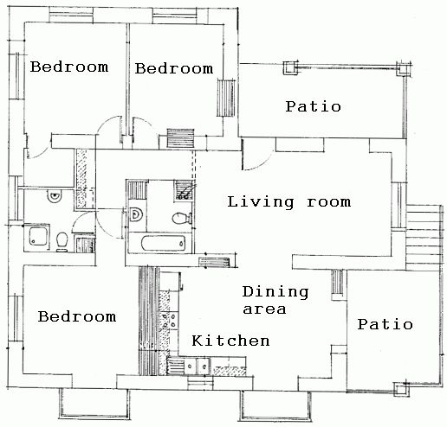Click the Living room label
(x=289, y=202)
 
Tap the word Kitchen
(x=230, y=341)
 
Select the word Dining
(x=275, y=292)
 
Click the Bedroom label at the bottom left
(x=77, y=316)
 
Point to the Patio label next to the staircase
(x=385, y=324)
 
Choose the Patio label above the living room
(x=314, y=106)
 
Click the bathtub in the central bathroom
(x=163, y=243)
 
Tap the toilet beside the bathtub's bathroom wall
(x=182, y=218)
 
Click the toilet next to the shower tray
(x=62, y=241)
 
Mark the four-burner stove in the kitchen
(x=169, y=321)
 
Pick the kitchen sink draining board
(x=175, y=366)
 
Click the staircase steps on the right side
(x=424, y=237)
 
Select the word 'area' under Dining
(x=264, y=309)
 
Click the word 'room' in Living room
(x=329, y=202)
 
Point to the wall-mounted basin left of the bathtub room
(x=136, y=214)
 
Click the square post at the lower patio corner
(x=402, y=390)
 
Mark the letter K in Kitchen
(x=197, y=341)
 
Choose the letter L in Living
(x=233, y=201)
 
